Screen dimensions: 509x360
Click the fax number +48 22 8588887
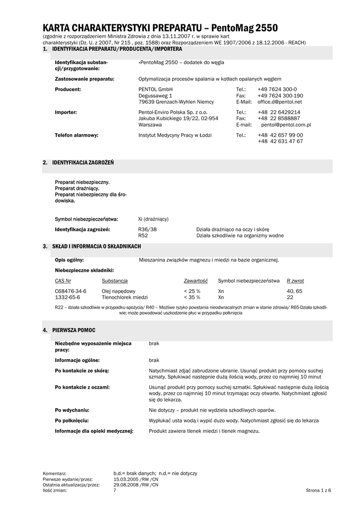(279, 119)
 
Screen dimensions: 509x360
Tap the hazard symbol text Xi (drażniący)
(154, 219)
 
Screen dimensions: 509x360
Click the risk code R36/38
(147, 229)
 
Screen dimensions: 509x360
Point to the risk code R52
(143, 236)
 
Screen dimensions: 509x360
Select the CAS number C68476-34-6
(71, 291)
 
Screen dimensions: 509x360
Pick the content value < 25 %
(192, 291)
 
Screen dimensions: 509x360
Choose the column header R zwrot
(295, 281)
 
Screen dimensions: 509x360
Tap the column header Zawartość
(195, 281)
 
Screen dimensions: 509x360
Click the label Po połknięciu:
(72, 420)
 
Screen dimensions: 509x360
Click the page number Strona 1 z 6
(318, 491)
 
